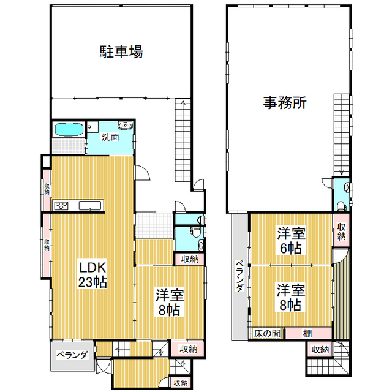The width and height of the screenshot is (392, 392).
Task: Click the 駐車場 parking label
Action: tap(121, 51)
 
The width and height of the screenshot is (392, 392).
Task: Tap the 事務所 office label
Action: tap(285, 102)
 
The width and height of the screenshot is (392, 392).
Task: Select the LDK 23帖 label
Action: tap(92, 275)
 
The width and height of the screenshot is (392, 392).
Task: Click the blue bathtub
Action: tap(69, 129)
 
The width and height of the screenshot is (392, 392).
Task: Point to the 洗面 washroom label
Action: tap(110, 137)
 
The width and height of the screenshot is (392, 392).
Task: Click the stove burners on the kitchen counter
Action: tap(61, 206)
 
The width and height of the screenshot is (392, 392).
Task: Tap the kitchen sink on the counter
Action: tap(90, 206)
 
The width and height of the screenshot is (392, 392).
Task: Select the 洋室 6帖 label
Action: tap(291, 241)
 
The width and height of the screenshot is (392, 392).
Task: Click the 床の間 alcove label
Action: tap(267, 333)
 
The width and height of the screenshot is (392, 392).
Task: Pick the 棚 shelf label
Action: tap(307, 333)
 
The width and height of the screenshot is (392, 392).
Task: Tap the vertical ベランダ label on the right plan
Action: tap(239, 276)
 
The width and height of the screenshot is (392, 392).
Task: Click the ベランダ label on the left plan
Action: tap(72, 355)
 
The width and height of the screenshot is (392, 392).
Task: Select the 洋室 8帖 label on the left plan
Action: tap(170, 302)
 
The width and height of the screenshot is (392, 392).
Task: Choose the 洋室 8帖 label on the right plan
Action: tap(290, 297)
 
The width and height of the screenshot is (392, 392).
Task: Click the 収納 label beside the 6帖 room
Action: tap(341, 232)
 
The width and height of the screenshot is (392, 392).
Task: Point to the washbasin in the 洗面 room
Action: tap(125, 126)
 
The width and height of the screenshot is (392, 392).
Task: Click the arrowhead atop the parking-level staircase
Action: tap(183, 102)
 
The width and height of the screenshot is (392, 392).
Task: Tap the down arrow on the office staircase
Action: tap(342, 173)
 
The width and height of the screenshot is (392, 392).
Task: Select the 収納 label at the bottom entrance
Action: tap(181, 383)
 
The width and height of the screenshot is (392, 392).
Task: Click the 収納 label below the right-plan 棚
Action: tap(320, 350)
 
